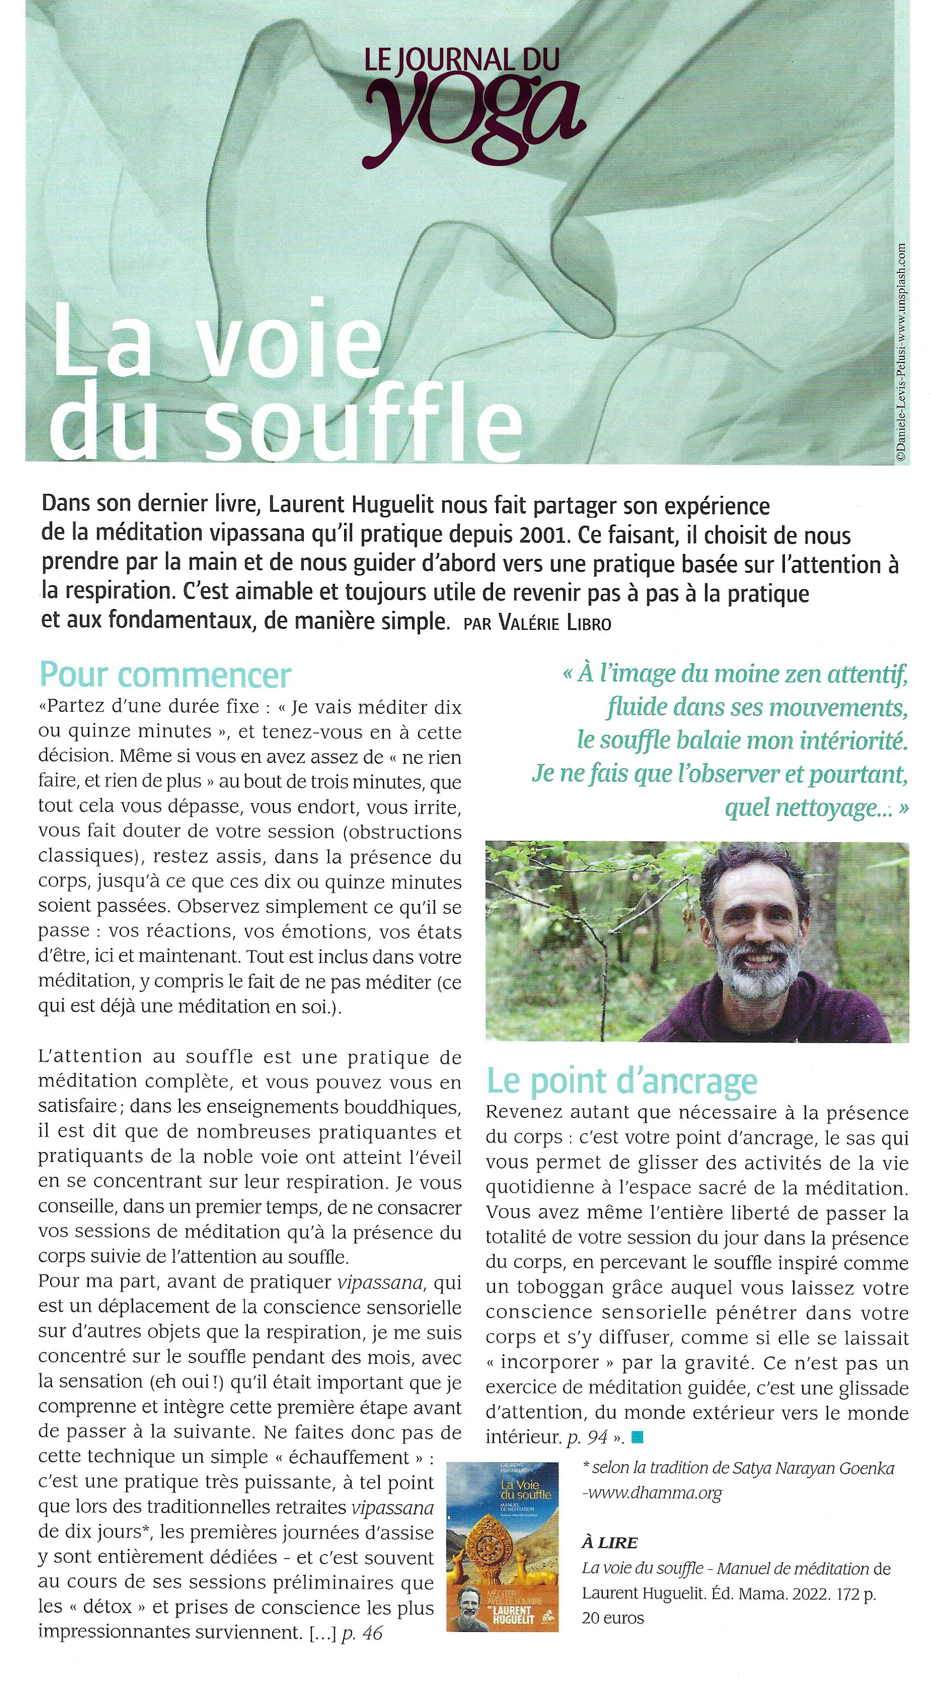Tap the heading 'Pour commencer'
pos(165,675)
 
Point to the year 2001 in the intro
pos(543,534)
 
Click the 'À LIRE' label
pos(609,1543)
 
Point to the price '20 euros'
pos(613,1618)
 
